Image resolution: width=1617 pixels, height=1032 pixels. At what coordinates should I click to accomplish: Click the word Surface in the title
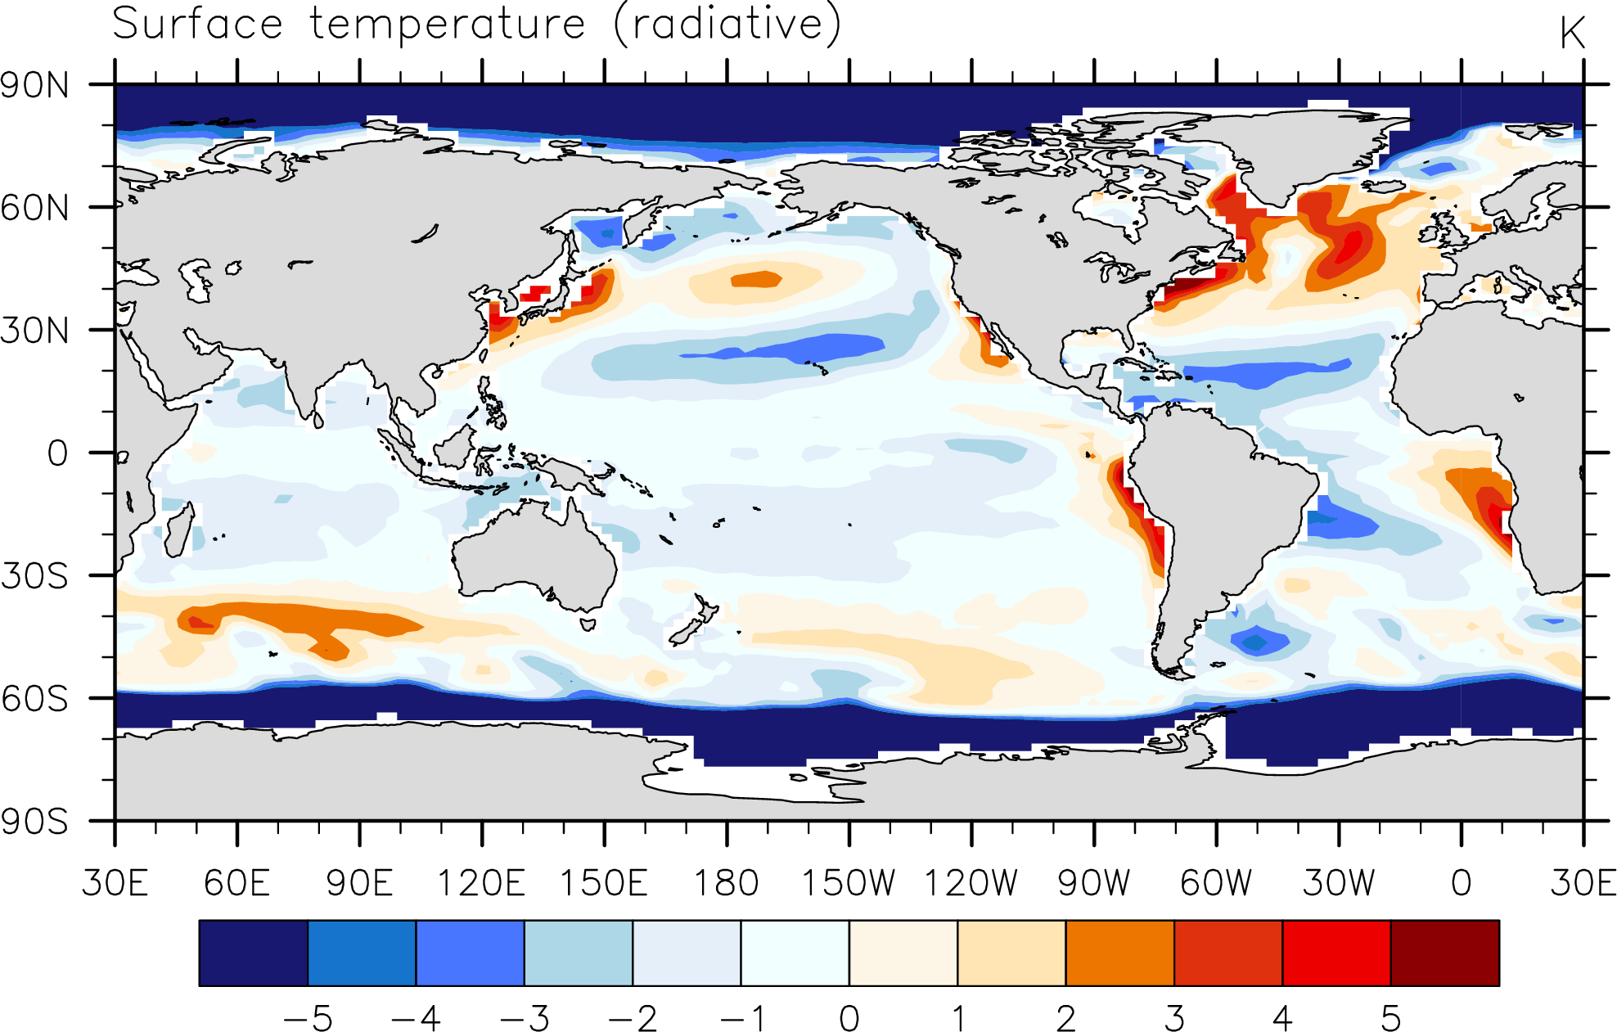(x=197, y=23)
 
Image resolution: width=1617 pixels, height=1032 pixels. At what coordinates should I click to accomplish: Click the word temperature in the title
(x=448, y=25)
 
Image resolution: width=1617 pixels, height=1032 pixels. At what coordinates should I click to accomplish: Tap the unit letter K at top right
(x=1572, y=34)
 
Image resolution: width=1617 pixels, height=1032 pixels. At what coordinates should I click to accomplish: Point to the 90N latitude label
(x=35, y=85)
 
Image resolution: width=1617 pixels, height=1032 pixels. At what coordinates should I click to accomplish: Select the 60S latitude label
(x=35, y=699)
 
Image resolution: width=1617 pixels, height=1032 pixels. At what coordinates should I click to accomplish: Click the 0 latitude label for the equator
(x=57, y=453)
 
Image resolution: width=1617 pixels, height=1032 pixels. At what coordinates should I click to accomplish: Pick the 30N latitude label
(x=35, y=331)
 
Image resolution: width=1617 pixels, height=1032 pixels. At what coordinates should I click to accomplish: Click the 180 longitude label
(x=727, y=883)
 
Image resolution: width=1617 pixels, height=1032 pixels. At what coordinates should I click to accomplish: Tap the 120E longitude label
(x=481, y=883)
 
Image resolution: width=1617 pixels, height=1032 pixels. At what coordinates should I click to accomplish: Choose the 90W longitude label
(x=1094, y=883)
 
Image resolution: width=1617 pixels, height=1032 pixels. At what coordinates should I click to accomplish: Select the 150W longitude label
(x=849, y=883)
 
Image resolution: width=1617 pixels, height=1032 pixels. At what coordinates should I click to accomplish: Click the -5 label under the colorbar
(x=308, y=1019)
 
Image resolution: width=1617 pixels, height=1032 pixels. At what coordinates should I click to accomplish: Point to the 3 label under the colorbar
(x=1174, y=1019)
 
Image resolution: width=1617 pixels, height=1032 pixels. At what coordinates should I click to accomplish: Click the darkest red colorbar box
(x=1445, y=953)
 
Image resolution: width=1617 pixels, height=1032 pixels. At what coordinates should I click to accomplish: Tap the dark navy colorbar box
(x=254, y=953)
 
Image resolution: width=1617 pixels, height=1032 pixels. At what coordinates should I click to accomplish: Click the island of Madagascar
(x=179, y=530)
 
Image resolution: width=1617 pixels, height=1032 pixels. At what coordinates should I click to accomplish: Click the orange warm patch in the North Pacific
(x=757, y=279)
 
